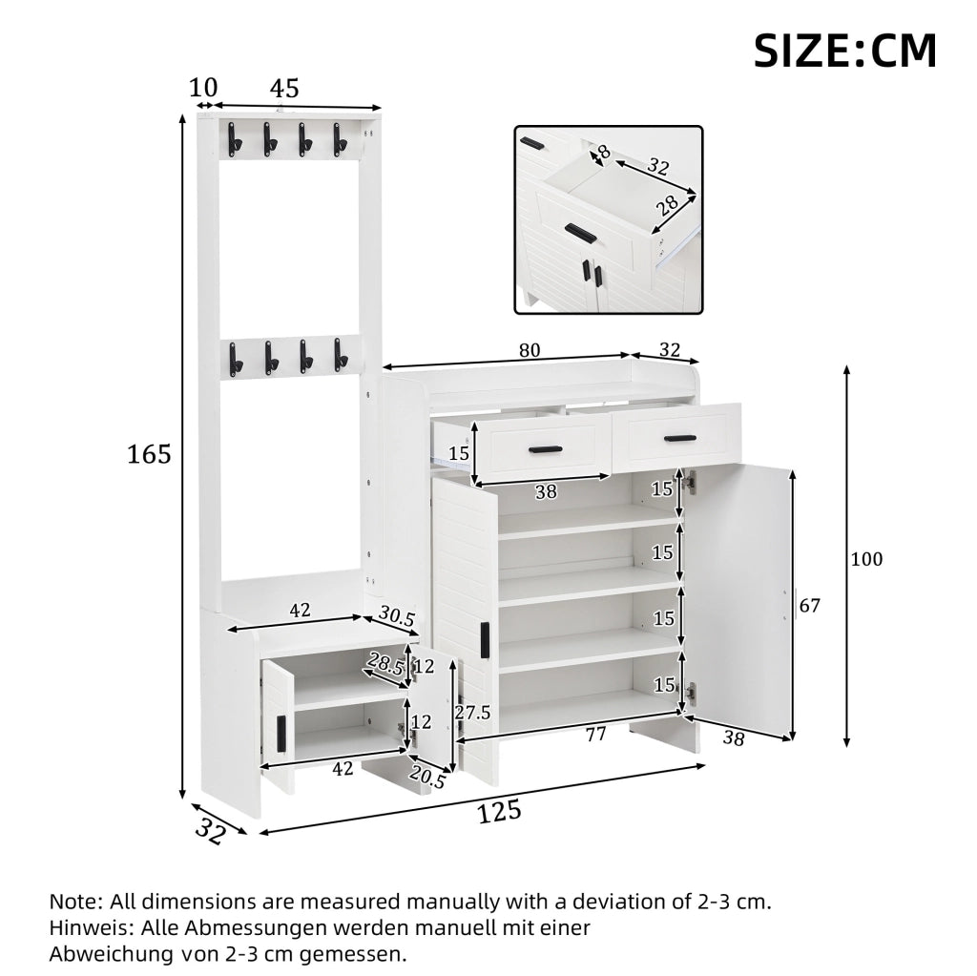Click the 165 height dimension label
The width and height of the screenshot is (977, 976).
[x=149, y=454]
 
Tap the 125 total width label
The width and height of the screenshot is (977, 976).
[x=499, y=812]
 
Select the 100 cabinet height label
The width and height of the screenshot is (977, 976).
[x=866, y=559]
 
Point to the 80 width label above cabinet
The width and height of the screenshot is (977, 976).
[x=530, y=350]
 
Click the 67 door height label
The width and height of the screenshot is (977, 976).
[x=809, y=605]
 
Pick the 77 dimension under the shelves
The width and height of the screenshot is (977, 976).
[x=595, y=735]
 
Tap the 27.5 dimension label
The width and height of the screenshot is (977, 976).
[x=472, y=713]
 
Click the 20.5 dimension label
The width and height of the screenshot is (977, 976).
[x=427, y=777]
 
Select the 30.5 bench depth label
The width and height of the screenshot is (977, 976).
[x=396, y=616]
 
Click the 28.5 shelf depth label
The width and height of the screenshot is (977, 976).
[x=385, y=664]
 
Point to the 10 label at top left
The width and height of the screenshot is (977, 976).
[x=203, y=88]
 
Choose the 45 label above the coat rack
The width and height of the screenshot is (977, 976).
[x=284, y=89]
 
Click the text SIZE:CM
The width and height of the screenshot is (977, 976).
[x=845, y=52]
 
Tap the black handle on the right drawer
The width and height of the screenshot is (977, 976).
[x=680, y=438]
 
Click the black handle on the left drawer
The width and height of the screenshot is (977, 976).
[x=545, y=449]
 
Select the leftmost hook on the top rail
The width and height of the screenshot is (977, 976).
[x=234, y=138]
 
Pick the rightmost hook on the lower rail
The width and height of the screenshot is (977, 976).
[x=340, y=355]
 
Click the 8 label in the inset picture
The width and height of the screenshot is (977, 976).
[x=603, y=152]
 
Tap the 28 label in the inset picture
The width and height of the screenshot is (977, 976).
[x=667, y=206]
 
